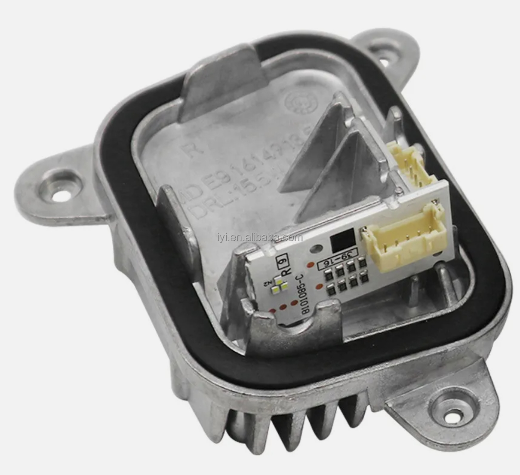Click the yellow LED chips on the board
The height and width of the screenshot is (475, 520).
pyautogui.click(x=280, y=286)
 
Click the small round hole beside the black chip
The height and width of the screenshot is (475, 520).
pyautogui.click(x=317, y=248)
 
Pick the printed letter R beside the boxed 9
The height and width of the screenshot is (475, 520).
pyautogui.click(x=284, y=271)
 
